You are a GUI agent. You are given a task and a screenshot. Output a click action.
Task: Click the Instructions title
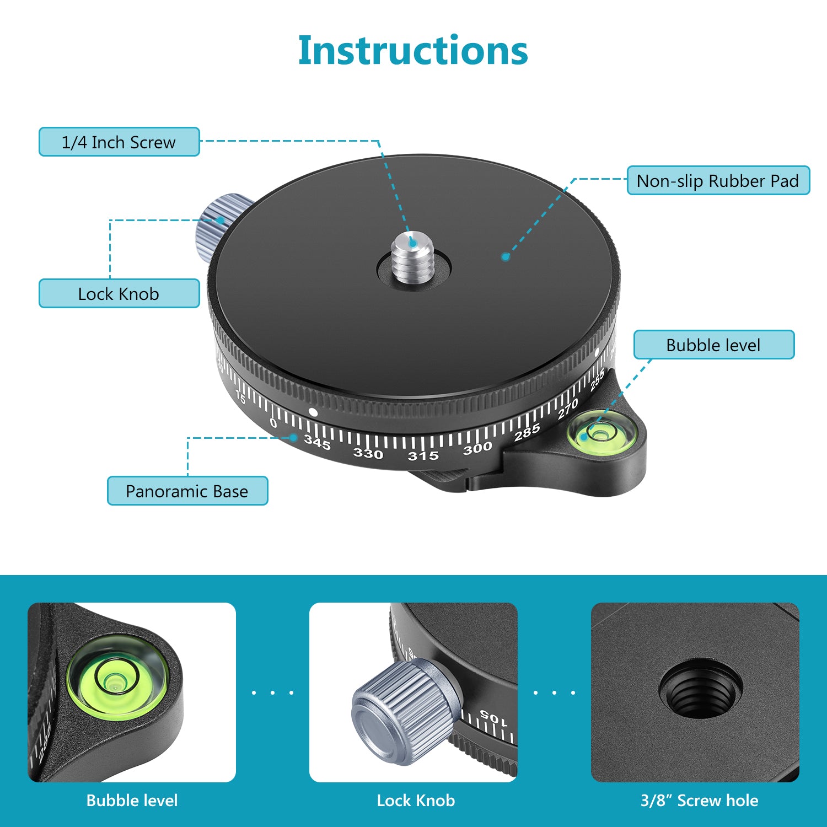tap(413, 51)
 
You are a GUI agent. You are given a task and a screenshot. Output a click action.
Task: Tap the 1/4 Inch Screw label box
tap(119, 142)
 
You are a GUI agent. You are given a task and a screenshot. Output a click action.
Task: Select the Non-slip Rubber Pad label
tap(718, 181)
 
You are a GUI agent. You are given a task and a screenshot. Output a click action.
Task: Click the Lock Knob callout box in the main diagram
tap(119, 294)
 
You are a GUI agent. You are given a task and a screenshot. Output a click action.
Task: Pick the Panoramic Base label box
tap(187, 491)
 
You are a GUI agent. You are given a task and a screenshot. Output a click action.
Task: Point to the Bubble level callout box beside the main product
tap(713, 345)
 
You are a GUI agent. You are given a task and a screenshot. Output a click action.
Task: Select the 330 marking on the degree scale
tap(368, 453)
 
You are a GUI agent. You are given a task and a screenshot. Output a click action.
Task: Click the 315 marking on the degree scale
tap(423, 456)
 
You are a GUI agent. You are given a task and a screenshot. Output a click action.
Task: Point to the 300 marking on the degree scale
tap(477, 448)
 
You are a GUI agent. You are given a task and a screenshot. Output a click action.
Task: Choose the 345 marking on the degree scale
tap(318, 442)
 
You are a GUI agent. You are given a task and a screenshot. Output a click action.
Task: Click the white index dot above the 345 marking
tap(313, 412)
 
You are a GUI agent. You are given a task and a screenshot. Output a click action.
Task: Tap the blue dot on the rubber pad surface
tap(505, 256)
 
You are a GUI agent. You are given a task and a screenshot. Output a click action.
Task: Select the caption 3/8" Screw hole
tap(699, 801)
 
